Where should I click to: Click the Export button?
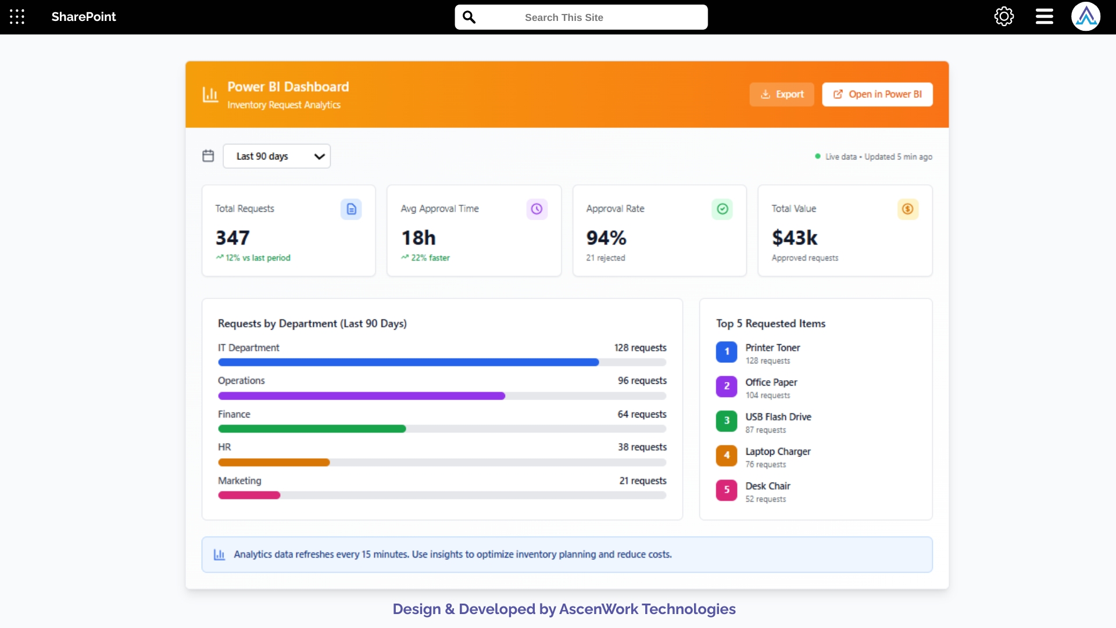pyautogui.click(x=782, y=94)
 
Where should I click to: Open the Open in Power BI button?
pyautogui.click(x=877, y=94)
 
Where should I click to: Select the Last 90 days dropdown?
pyautogui.click(x=277, y=156)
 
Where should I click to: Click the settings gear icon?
pyautogui.click(x=1004, y=17)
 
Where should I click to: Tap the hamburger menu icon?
pyautogui.click(x=1044, y=17)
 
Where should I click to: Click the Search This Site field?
pyautogui.click(x=581, y=17)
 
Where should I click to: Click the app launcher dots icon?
pyautogui.click(x=17, y=17)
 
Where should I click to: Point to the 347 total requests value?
pyautogui.click(x=233, y=238)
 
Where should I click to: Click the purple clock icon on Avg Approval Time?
pyautogui.click(x=536, y=209)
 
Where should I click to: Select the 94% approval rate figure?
pyautogui.click(x=606, y=238)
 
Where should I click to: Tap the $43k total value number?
pyautogui.click(x=795, y=238)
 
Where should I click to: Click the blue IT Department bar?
pyautogui.click(x=408, y=362)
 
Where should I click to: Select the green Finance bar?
pyautogui.click(x=312, y=429)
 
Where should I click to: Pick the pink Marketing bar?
pyautogui.click(x=249, y=495)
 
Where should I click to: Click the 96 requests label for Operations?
pyautogui.click(x=642, y=381)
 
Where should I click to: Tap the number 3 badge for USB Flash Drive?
pyautogui.click(x=726, y=420)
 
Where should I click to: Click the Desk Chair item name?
pyautogui.click(x=767, y=486)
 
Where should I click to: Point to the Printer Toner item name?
pyautogui.click(x=772, y=348)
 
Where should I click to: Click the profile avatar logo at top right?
pyautogui.click(x=1085, y=17)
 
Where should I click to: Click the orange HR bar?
pyautogui.click(x=274, y=463)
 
